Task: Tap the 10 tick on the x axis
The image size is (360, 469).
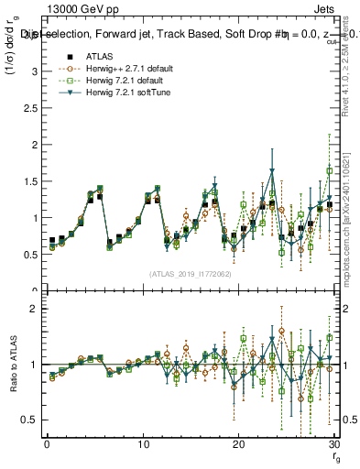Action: click(x=142, y=443)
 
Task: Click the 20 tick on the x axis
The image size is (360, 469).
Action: click(x=238, y=443)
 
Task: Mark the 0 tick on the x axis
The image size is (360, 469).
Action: click(x=47, y=443)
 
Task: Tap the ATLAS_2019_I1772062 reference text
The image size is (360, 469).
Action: click(x=189, y=274)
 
